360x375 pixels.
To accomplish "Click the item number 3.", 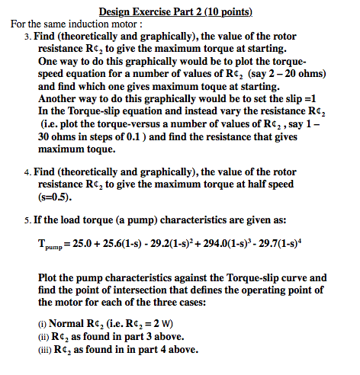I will pos(27,36).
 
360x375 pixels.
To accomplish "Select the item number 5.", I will pos(27,220).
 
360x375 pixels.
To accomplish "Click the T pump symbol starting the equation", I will pos(50,245).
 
